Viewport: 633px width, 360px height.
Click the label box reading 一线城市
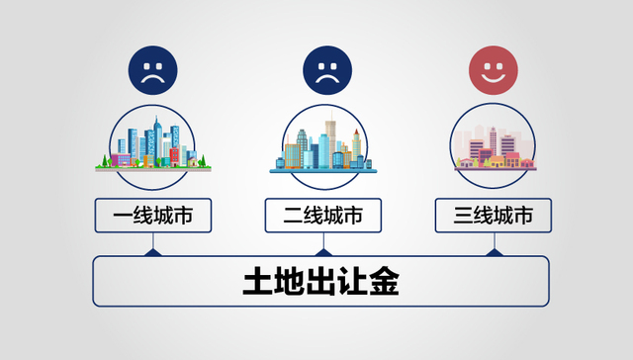point(152,215)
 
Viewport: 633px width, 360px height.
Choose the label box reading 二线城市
point(322,215)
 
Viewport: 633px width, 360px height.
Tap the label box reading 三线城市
point(494,215)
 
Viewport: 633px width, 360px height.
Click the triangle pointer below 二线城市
point(322,252)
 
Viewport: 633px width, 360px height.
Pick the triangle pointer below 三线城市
point(495,252)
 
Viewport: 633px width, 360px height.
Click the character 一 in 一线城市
point(121,215)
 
